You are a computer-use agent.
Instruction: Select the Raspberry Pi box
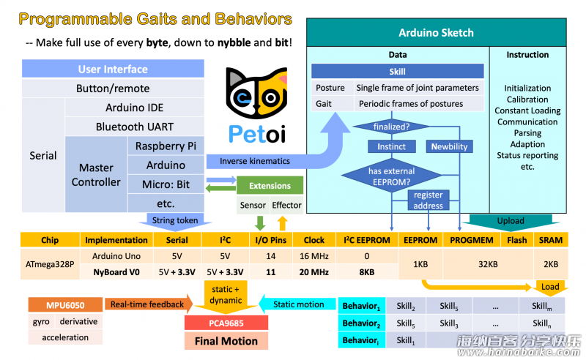pyautogui.click(x=166, y=146)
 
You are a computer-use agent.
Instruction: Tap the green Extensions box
pyautogui.click(x=270, y=186)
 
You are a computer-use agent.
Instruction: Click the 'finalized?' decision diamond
pyautogui.click(x=391, y=127)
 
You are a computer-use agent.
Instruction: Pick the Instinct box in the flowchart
pyautogui.click(x=391, y=146)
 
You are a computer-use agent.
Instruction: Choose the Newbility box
pyautogui.click(x=449, y=146)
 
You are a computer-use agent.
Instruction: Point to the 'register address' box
pyautogui.click(x=429, y=200)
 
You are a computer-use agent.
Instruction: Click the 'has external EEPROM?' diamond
pyautogui.click(x=391, y=176)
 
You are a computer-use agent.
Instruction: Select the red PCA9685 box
pyautogui.click(x=226, y=323)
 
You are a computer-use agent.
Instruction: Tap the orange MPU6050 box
pyautogui.click(x=65, y=304)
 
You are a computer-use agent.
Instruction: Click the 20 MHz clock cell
pyautogui.click(x=314, y=272)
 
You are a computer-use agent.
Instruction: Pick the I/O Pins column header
pyautogui.click(x=270, y=240)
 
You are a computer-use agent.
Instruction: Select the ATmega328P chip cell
pyautogui.click(x=50, y=264)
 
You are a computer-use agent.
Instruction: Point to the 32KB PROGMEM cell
pyautogui.click(x=488, y=264)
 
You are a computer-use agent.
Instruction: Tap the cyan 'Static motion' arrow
pyautogui.click(x=297, y=304)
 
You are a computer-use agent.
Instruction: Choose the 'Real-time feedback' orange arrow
pyautogui.click(x=149, y=304)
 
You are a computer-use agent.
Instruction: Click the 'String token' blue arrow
pyautogui.click(x=175, y=220)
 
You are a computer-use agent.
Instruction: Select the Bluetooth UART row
pyautogui.click(x=135, y=127)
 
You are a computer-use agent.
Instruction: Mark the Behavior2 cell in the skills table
pyautogui.click(x=362, y=323)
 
